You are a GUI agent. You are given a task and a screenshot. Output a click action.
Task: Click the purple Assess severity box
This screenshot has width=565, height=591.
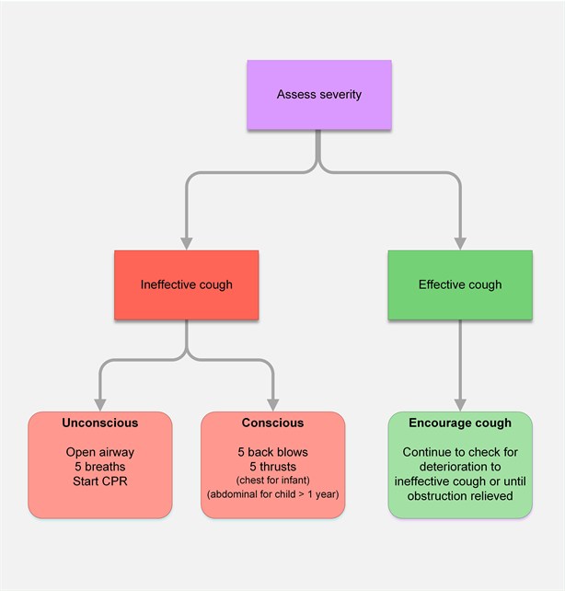[318, 95]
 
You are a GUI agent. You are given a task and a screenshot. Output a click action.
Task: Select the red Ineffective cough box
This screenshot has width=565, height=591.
[187, 284]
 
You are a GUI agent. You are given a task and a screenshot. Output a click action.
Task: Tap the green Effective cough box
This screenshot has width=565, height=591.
[460, 284]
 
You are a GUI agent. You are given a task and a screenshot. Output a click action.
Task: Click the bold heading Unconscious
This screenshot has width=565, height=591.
[100, 423]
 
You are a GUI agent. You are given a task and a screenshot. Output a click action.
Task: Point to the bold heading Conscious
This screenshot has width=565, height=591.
[272, 423]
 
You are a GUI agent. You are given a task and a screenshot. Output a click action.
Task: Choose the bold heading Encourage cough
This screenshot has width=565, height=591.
[460, 423]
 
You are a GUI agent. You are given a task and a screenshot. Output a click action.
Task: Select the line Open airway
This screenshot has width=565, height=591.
[100, 452]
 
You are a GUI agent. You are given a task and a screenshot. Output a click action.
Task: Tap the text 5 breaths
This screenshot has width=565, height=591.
[100, 467]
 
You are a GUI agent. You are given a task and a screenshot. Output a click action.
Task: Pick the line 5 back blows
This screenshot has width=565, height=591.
[272, 452]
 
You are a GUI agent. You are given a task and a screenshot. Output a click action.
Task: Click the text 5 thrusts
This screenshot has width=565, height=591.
[272, 467]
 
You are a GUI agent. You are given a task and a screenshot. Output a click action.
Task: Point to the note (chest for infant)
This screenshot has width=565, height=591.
[272, 481]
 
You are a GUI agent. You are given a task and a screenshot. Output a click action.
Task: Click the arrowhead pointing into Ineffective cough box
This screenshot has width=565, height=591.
[187, 243]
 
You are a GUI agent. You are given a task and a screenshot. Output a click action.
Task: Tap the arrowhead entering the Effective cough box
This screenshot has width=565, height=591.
[460, 243]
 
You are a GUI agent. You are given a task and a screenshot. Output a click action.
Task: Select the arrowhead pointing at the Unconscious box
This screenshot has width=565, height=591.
[100, 404]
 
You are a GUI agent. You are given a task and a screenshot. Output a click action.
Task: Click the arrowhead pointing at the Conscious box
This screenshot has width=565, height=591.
[272, 404]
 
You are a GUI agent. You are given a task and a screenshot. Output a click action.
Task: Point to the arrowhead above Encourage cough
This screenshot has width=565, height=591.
[460, 404]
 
